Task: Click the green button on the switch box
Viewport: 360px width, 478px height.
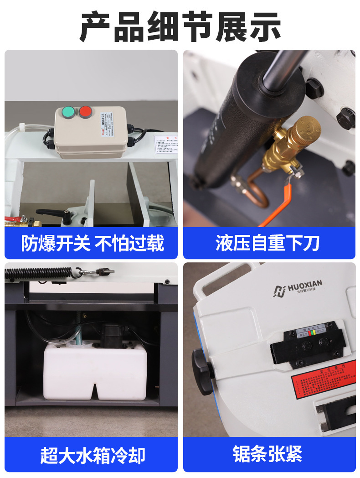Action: [68, 111]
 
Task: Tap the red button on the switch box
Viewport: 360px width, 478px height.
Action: [85, 111]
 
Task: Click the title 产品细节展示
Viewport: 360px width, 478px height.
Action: [180, 26]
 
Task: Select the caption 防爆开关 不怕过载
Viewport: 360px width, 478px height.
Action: [91, 243]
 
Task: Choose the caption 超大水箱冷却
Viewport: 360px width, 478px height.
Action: [91, 455]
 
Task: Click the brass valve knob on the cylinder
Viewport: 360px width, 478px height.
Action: [306, 128]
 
